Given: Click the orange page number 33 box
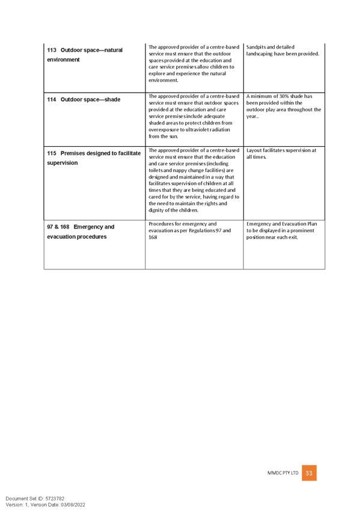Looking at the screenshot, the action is click(x=309, y=473).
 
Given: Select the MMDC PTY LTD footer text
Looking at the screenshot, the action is click(x=282, y=473).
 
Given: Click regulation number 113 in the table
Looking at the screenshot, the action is click(x=51, y=50).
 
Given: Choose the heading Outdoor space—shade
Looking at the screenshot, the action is click(x=90, y=99).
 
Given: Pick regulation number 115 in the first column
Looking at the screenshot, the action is click(x=51, y=153).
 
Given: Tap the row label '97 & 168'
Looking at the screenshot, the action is click(x=58, y=227).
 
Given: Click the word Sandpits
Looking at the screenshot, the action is click(x=255, y=47).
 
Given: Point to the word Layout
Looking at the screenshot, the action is click(x=254, y=150).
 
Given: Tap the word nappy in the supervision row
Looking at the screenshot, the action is click(x=179, y=171).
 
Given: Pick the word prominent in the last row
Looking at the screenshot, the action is click(x=302, y=230).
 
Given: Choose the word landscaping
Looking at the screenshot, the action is click(x=259, y=54).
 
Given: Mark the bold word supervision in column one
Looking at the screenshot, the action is click(x=63, y=163).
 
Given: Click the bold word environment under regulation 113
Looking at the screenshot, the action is click(x=63, y=60).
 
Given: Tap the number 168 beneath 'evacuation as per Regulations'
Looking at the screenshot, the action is click(x=153, y=238).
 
